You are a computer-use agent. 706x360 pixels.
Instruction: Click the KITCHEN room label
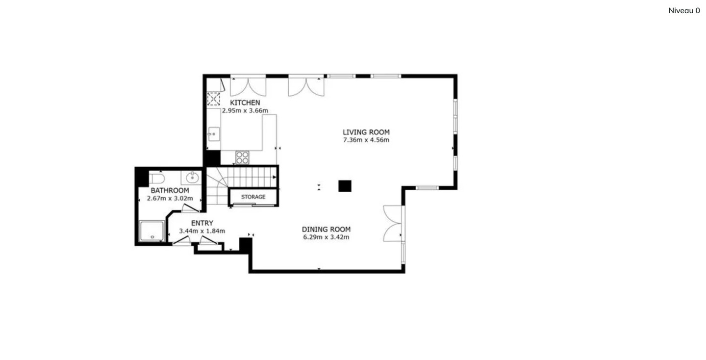245,103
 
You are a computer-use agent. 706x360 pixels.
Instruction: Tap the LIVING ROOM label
366,132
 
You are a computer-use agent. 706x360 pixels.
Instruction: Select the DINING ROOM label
326,229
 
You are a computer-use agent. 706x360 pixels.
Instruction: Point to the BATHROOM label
170,190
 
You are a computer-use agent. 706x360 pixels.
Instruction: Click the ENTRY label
202,223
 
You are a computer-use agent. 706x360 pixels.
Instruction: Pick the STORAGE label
253,197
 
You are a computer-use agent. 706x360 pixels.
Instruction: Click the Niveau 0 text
684,10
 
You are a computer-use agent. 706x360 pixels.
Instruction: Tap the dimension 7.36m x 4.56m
366,140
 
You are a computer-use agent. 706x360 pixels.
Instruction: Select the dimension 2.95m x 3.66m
245,111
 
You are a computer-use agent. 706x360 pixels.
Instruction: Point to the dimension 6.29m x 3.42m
326,237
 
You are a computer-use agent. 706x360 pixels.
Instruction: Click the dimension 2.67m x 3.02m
170,199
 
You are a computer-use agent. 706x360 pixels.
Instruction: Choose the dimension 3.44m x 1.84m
202,231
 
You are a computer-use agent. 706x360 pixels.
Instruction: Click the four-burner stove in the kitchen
242,157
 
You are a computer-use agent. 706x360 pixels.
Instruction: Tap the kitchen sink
214,134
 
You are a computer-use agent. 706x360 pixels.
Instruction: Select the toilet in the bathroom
157,179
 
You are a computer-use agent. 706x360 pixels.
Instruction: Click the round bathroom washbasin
192,178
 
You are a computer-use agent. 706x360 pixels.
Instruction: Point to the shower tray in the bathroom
152,231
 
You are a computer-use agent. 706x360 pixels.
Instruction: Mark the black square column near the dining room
345,186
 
